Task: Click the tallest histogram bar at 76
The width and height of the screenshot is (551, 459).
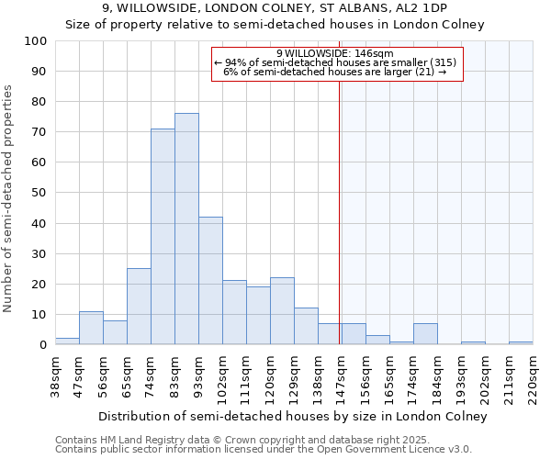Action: [x=186, y=229]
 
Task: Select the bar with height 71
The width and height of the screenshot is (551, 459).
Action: [x=163, y=237]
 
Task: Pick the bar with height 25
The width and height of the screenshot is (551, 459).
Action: [x=139, y=307]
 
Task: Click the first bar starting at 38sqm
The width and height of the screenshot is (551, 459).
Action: [x=67, y=341]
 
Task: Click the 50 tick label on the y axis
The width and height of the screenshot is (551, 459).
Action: [x=39, y=193]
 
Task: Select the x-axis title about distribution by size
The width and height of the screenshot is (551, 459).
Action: [x=292, y=417]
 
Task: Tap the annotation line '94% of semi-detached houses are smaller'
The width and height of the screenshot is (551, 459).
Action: [x=334, y=62]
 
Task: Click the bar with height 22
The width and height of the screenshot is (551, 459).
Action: [x=282, y=311]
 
